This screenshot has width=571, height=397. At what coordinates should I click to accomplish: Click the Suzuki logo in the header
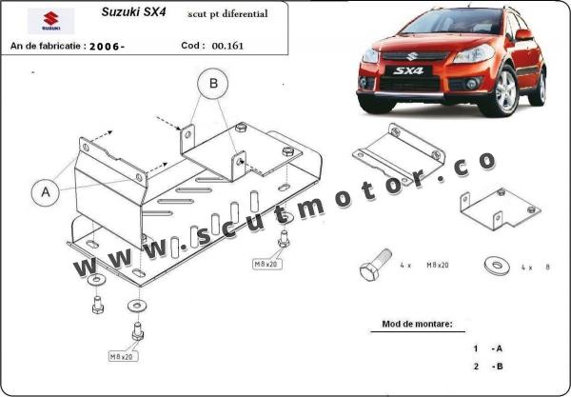[x=50, y=21]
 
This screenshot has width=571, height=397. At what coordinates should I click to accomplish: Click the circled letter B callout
[x=213, y=84]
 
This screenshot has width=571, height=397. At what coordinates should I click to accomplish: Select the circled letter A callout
[x=46, y=192]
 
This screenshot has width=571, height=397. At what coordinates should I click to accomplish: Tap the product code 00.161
[x=227, y=46]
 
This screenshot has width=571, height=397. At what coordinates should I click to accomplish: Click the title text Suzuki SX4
[x=133, y=12]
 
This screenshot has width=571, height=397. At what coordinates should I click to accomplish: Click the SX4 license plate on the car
[x=408, y=70]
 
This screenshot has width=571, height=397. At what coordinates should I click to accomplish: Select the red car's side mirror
[x=524, y=35]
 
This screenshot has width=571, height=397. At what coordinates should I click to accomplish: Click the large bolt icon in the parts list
[x=375, y=265]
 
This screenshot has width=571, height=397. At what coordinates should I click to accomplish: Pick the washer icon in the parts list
[x=497, y=267]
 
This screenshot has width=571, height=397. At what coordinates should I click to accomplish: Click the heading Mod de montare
[x=418, y=324]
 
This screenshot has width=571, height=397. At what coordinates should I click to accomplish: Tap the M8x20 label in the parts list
[x=438, y=266]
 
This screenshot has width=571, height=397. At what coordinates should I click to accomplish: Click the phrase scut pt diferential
[x=227, y=14]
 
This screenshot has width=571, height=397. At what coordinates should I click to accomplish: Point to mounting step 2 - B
[x=488, y=367]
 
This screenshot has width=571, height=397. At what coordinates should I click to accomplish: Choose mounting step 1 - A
[x=487, y=348]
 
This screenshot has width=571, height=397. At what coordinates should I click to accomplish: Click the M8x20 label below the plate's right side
[x=267, y=264]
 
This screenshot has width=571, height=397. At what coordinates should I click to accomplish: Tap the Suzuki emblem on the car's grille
[x=412, y=56]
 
